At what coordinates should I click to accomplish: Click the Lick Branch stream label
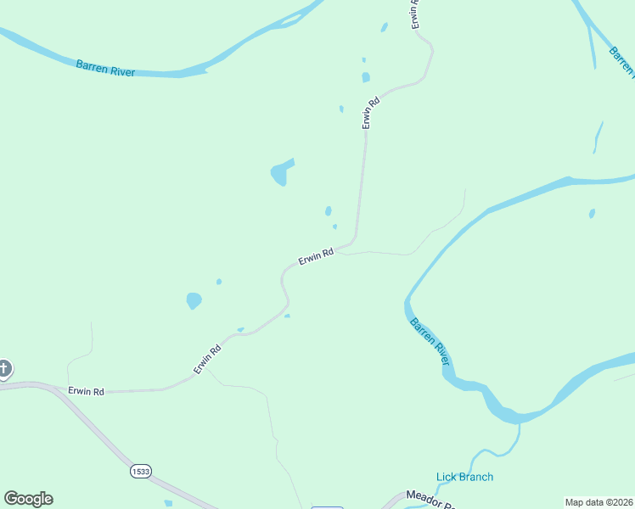pyautogui.click(x=464, y=477)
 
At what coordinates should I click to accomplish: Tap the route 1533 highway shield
pyautogui.click(x=141, y=470)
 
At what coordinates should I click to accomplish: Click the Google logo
pyautogui.click(x=28, y=499)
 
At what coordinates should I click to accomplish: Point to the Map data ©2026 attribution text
pyautogui.click(x=598, y=502)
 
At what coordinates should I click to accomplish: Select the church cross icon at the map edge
pyautogui.click(x=4, y=368)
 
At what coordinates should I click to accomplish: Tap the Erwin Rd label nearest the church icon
pyautogui.click(x=86, y=391)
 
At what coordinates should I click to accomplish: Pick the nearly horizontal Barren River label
pyautogui.click(x=105, y=67)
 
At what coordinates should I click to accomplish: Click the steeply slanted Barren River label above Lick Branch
pyautogui.click(x=429, y=341)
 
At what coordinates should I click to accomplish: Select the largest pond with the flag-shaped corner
pyautogui.click(x=280, y=173)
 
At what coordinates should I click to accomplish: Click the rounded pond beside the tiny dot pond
pyautogui.click(x=194, y=300)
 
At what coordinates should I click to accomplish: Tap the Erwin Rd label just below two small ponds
pyautogui.click(x=315, y=256)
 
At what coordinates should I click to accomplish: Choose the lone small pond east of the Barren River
pyautogui.click(x=592, y=213)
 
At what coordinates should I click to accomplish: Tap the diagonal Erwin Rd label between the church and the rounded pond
pyautogui.click(x=207, y=358)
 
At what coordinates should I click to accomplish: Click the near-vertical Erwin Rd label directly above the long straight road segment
pyautogui.click(x=368, y=113)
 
